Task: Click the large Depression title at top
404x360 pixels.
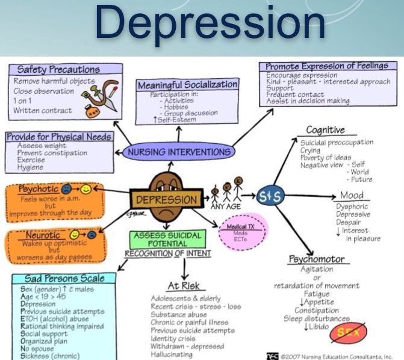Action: pyautogui.click(x=209, y=25)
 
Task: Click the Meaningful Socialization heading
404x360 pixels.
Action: pyautogui.click(x=187, y=85)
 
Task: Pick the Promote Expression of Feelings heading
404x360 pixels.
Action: pyautogui.click(x=327, y=66)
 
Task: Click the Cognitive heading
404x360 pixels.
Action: pyautogui.click(x=325, y=130)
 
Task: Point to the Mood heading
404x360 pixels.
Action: pyautogui.click(x=352, y=196)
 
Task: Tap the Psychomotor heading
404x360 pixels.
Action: pyautogui.click(x=316, y=259)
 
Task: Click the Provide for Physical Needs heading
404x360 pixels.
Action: pyautogui.click(x=58, y=137)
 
